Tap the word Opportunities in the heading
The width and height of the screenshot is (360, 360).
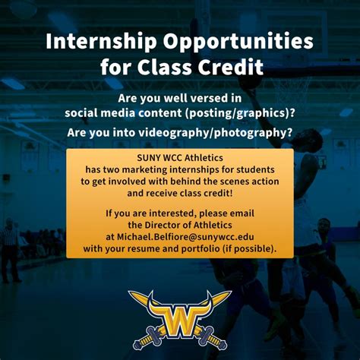236,41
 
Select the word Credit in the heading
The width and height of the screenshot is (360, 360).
229,68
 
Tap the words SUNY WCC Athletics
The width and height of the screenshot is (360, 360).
180,158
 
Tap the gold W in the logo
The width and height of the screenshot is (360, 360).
179,312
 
